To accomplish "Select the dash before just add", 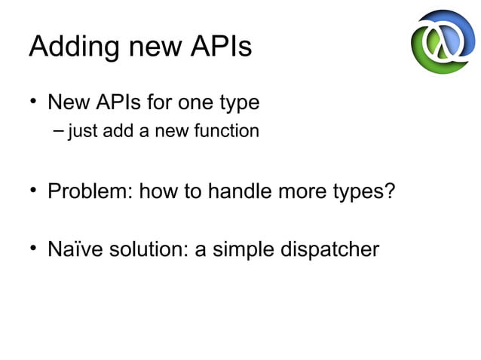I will pos(60,132).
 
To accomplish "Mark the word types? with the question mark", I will pos(364,191).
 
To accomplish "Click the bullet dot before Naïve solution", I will pos(34,248).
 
